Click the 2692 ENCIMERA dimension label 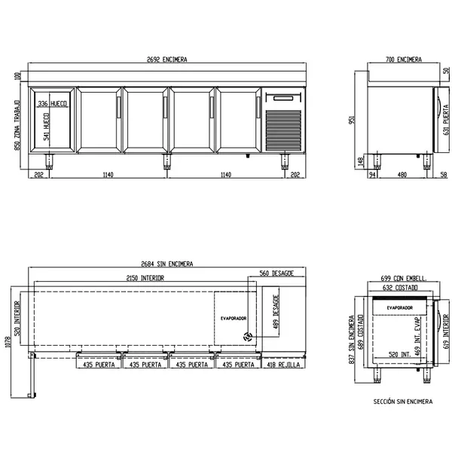[166, 59]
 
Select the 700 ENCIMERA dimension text [403, 59]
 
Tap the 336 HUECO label [53, 102]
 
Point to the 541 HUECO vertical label [47, 128]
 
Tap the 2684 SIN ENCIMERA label [166, 264]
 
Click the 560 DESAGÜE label [276, 273]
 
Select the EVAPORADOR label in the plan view [234, 319]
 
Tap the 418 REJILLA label [284, 365]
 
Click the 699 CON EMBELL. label [403, 278]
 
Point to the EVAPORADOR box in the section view [399, 307]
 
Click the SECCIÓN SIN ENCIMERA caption [403, 402]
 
